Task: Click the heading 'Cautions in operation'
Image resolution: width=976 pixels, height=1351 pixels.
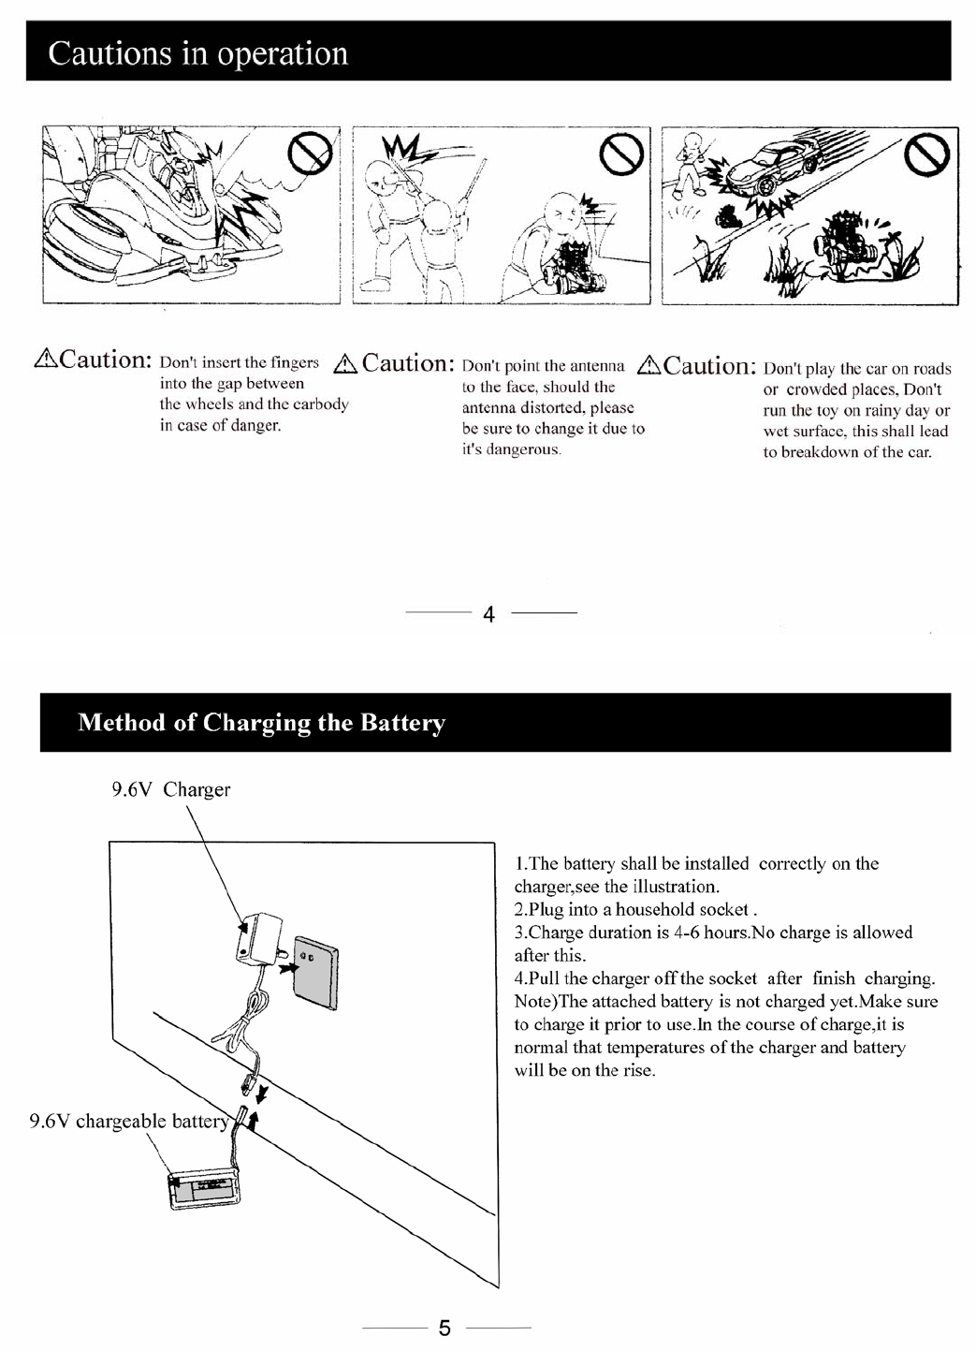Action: pyautogui.click(x=197, y=53)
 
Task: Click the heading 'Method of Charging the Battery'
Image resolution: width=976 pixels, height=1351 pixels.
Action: pyautogui.click(x=261, y=723)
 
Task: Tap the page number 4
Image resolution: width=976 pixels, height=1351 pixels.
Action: pyautogui.click(x=488, y=614)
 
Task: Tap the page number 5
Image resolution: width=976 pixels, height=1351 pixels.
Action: pyautogui.click(x=444, y=1328)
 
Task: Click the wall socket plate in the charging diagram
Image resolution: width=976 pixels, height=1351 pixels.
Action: pyautogui.click(x=315, y=974)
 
